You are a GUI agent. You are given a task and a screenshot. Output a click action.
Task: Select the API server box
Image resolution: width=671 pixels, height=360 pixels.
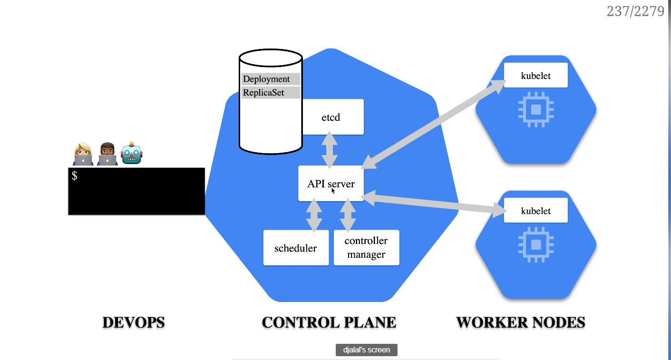click(331, 184)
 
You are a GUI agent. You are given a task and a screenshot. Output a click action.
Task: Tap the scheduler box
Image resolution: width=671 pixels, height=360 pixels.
click(296, 248)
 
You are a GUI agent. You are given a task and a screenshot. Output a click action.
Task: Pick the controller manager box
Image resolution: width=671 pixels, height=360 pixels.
click(366, 248)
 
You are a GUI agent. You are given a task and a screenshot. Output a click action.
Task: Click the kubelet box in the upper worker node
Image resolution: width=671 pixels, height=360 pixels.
click(535, 76)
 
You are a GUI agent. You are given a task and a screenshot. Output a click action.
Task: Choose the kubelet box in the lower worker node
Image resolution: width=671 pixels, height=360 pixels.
click(535, 211)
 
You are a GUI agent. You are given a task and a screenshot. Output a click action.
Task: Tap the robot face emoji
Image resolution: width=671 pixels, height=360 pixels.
click(132, 154)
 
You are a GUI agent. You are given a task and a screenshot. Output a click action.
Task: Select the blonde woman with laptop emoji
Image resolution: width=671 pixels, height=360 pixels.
click(83, 154)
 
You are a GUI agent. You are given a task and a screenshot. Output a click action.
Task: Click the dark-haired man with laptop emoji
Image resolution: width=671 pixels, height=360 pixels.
click(107, 154)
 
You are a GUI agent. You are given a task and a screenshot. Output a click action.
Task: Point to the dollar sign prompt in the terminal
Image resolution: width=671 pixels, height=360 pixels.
click(75, 176)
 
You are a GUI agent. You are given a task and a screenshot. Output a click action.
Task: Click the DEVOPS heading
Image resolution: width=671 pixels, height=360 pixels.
click(134, 322)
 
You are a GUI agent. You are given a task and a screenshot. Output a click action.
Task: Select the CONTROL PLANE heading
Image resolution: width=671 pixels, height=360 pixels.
click(329, 322)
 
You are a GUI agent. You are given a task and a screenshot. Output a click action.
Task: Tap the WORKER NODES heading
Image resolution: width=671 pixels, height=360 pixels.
click(521, 322)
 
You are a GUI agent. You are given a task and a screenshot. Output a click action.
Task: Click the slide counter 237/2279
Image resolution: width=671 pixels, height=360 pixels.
click(635, 11)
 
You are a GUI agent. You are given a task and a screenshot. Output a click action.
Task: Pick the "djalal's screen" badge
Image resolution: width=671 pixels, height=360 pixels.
click(366, 350)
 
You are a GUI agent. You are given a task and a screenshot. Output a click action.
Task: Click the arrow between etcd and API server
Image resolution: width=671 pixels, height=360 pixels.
click(330, 149)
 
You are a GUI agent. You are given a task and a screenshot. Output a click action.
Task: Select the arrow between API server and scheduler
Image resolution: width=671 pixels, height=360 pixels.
click(314, 215)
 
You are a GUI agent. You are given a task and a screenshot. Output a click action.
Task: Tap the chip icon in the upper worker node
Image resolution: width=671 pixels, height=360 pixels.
click(536, 109)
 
